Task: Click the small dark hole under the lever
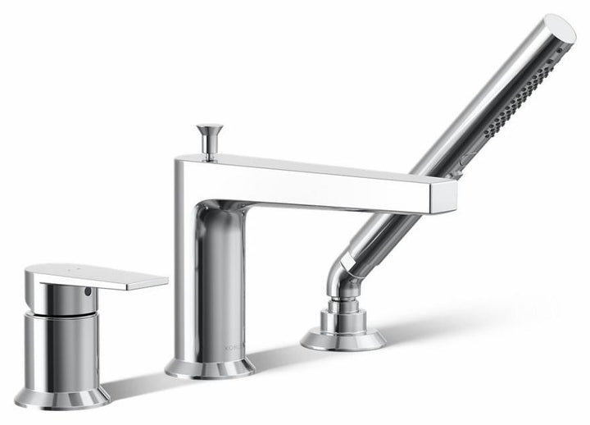88,293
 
